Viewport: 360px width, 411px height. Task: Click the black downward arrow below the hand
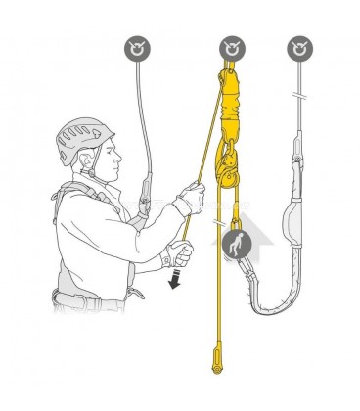(175, 281)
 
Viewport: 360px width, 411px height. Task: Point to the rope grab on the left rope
(145, 197)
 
